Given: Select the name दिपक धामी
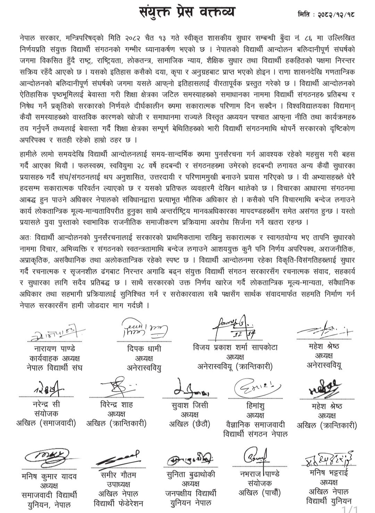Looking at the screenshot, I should pos(144,348).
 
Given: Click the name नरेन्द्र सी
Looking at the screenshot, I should pos(46,405).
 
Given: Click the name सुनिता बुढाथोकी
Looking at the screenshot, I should pos(191,474).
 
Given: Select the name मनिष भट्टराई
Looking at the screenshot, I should pos(329,473).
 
